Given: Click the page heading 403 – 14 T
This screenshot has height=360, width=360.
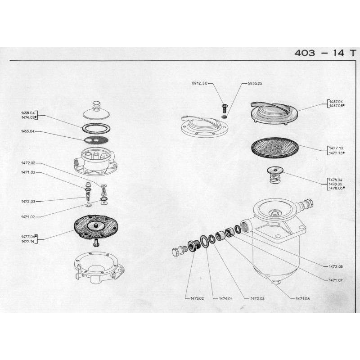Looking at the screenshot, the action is click(325, 53).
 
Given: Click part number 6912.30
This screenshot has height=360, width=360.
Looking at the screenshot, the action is click(199, 83).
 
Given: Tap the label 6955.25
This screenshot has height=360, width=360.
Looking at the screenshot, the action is click(255, 83).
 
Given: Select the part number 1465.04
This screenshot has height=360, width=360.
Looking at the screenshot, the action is click(28, 131).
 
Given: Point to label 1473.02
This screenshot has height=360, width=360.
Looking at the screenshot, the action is click(197, 299).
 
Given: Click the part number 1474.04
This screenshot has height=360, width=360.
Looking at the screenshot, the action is click(225, 299).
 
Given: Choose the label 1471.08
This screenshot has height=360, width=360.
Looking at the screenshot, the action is click(302, 299).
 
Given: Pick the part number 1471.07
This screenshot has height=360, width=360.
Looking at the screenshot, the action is click(335, 280).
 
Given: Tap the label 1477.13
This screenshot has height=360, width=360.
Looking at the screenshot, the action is click(336, 148).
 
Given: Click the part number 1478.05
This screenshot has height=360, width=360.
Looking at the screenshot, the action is click(335, 184).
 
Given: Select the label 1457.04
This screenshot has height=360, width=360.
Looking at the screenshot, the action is click(336, 102).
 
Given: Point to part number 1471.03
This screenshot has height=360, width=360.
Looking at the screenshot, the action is click(28, 172).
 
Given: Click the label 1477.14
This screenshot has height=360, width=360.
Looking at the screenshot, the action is click(27, 242).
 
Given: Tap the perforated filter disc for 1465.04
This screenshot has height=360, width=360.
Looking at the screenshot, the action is click(96, 139).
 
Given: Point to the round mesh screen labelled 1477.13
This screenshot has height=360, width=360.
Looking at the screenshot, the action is click(274, 148).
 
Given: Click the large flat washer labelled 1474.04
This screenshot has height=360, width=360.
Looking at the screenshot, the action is click(204, 241).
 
